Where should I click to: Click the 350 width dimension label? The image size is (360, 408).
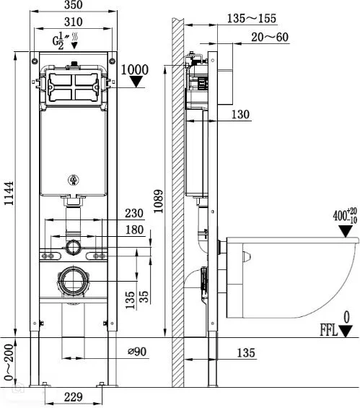pyautogui.click(x=74, y=4)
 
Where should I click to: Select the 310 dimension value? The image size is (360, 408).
pyautogui.click(x=74, y=22)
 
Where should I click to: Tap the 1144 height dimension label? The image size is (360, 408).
pyautogui.click(x=9, y=194)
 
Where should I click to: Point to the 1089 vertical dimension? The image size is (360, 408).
pyautogui.click(x=158, y=201)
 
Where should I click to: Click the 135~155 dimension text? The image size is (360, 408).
pyautogui.click(x=252, y=19)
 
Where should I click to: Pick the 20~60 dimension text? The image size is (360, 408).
pyautogui.click(x=270, y=38)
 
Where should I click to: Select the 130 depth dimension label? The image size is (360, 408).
pyautogui.click(x=240, y=114)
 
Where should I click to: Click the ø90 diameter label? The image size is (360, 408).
pyautogui.click(x=137, y=352)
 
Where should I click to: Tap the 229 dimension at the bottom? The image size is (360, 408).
pyautogui.click(x=74, y=397)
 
